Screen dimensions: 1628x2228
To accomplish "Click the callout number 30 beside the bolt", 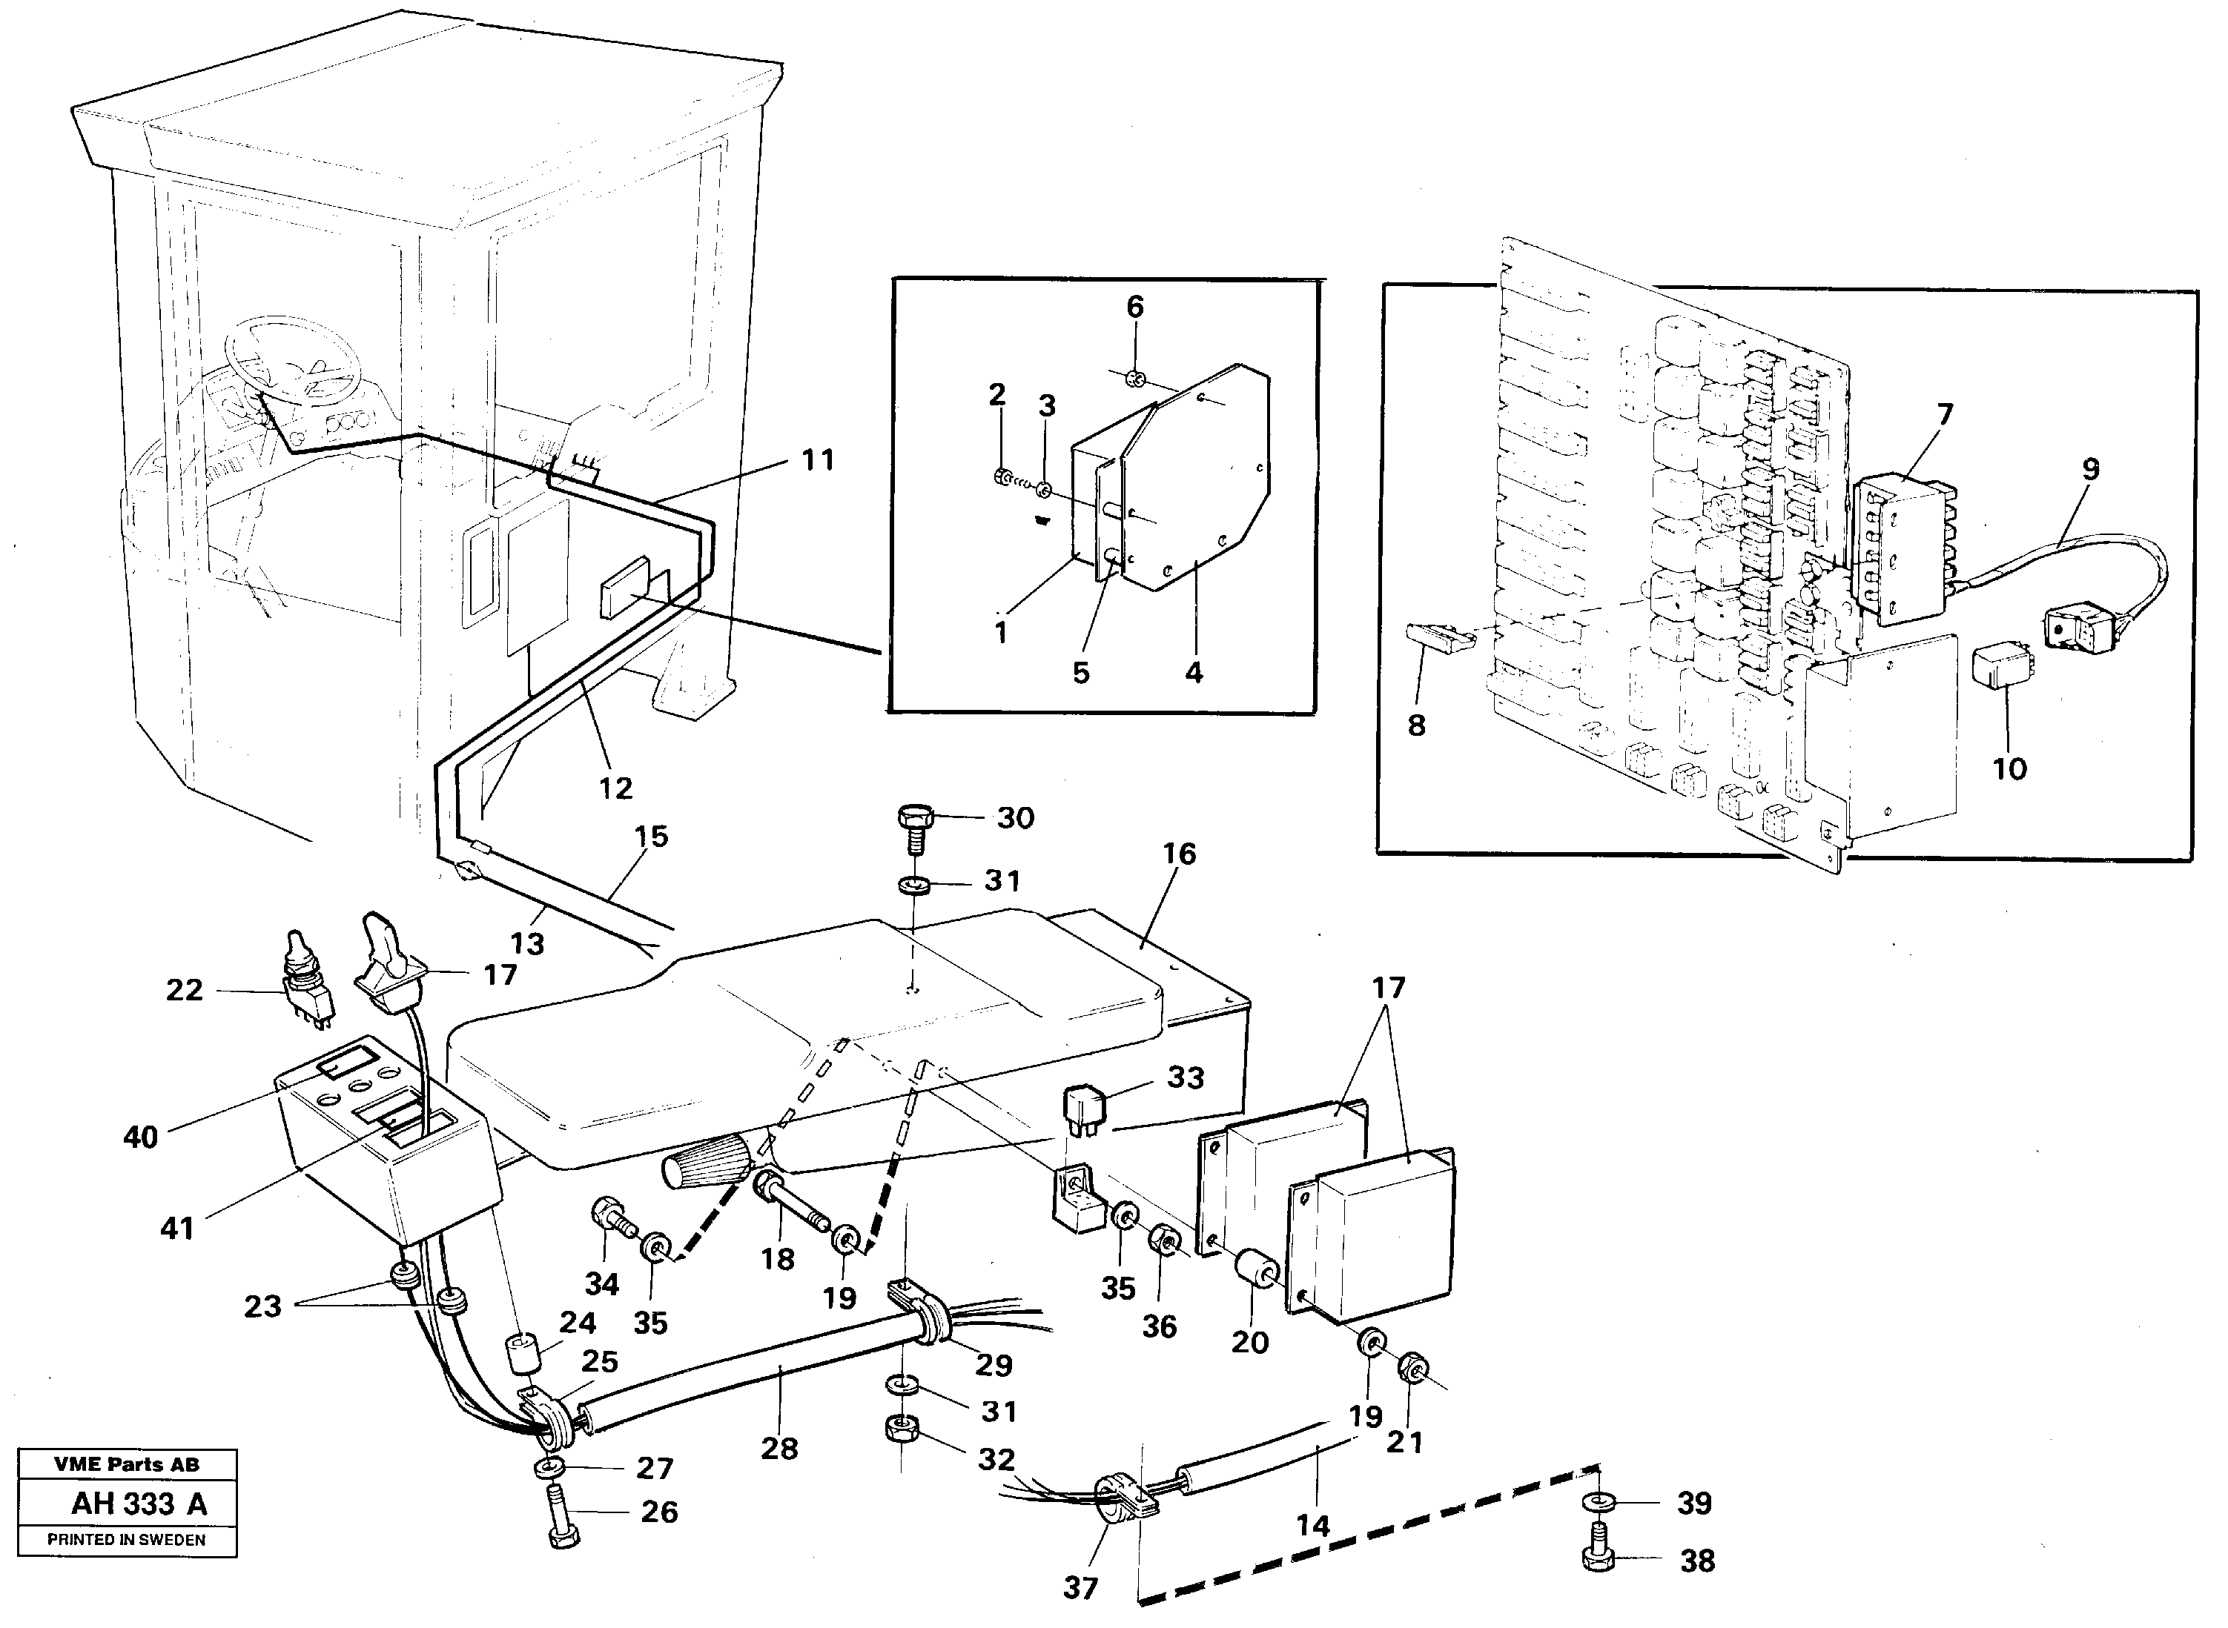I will coord(1016,819).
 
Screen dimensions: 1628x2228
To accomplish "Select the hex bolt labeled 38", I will coord(1599,1557).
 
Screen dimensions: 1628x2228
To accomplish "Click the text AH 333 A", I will coord(139,1504).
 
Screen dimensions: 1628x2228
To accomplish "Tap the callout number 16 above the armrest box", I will coord(1179,854).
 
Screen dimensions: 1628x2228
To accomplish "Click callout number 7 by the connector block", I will coord(1944,415).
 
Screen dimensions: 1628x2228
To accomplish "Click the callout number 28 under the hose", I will coord(779,1448).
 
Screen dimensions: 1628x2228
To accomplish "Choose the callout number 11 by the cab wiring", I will coord(817,460).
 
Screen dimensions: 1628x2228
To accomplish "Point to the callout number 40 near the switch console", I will coord(140,1137).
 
